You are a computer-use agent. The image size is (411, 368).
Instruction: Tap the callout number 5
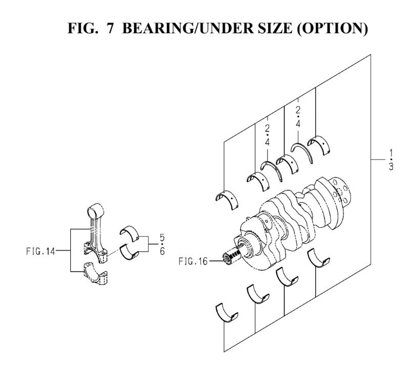(162, 238)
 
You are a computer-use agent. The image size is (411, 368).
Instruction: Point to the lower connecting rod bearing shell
(131, 251)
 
